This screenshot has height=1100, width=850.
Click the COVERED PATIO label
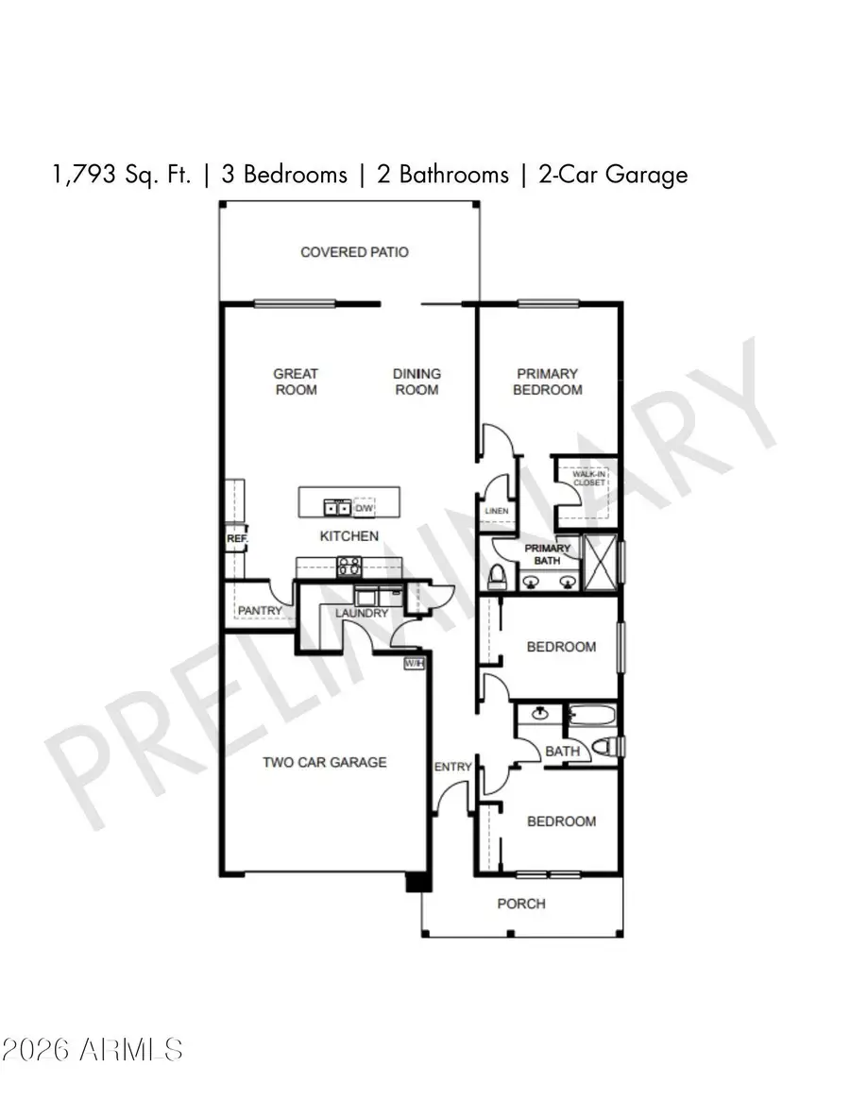354,252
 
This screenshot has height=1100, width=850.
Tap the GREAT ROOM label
296,381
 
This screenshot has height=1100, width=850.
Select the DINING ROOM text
416,381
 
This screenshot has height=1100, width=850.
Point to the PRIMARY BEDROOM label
547,381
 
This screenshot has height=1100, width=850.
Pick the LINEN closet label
496,511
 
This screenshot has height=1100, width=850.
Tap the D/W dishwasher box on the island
364,508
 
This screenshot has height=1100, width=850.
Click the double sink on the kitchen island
338,508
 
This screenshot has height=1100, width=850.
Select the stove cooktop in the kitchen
348,567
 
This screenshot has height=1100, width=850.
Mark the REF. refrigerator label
235,539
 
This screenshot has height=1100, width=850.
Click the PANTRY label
260,611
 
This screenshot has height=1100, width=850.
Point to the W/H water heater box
414,664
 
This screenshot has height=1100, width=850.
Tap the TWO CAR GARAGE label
324,762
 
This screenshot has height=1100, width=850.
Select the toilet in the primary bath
498,574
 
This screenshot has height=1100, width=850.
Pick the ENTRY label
452,767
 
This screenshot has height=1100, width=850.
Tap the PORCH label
521,904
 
